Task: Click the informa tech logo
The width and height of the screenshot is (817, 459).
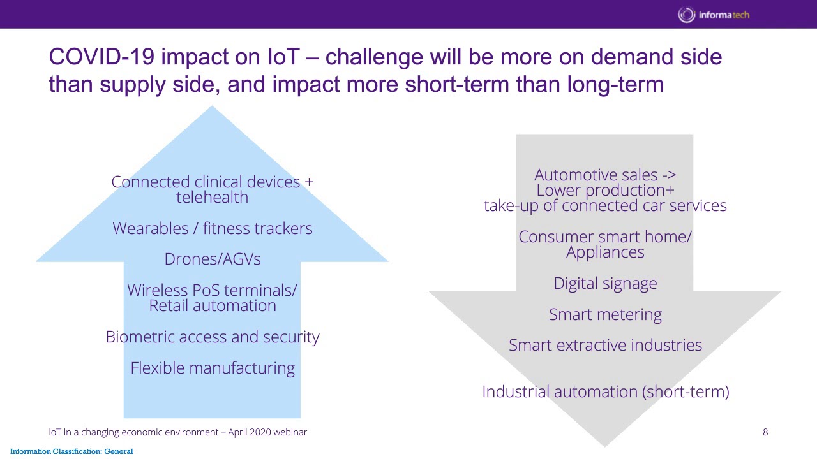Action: point(714,15)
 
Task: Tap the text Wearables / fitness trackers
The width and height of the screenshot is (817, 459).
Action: point(213,228)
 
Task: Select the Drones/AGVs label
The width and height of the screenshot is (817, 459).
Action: point(213,259)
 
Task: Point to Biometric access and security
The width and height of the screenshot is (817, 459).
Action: point(213,337)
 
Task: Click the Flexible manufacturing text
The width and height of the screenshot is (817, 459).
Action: point(213,368)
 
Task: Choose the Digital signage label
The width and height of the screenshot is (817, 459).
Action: point(605,283)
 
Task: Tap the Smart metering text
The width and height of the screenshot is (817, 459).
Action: point(605,314)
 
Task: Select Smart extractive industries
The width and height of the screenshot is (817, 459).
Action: point(605,345)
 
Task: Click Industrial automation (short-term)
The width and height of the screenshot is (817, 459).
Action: point(605,391)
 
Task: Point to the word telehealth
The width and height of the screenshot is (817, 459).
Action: point(213,197)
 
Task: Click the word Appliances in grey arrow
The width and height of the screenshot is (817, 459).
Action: point(605,252)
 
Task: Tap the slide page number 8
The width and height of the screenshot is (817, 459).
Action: point(765,432)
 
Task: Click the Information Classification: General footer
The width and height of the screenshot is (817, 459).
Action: point(71,451)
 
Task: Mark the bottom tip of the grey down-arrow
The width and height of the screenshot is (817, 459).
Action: point(604,444)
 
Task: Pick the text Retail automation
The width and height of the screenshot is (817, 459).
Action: point(213,305)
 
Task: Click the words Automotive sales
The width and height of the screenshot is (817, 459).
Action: point(585,175)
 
